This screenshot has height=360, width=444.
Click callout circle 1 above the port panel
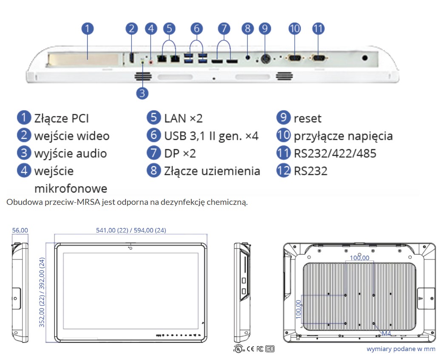(88, 28)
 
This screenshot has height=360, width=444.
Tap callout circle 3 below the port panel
(142, 93)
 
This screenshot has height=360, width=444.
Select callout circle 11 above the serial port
(318, 28)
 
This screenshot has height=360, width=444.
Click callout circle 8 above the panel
(248, 28)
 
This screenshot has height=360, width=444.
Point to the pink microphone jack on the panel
(151, 60)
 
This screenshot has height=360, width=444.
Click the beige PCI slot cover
(83, 60)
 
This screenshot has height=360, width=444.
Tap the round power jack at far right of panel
(365, 58)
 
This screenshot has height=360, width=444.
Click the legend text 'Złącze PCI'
(61, 119)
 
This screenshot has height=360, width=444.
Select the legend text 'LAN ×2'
(183, 118)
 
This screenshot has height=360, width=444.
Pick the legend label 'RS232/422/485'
(335, 153)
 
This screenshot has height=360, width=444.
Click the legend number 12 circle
(283, 170)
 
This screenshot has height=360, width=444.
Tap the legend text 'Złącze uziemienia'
(212, 171)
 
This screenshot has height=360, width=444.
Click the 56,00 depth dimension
(20, 230)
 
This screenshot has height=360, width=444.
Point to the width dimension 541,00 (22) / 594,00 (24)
(131, 230)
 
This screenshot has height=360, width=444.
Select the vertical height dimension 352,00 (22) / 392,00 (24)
(42, 292)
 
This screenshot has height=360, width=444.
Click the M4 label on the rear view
(386, 333)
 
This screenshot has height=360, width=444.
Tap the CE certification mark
(250, 349)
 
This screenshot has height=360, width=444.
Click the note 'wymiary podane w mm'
(401, 349)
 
